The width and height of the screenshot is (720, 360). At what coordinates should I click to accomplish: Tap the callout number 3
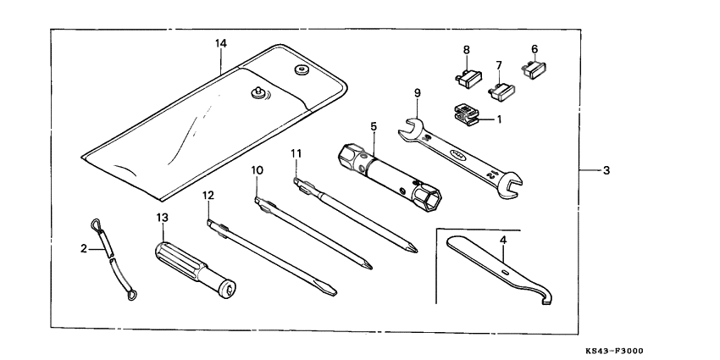pos(606,170)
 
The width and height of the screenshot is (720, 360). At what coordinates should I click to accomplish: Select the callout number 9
pos(418,92)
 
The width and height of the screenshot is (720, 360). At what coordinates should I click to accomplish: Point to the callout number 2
pos(84,248)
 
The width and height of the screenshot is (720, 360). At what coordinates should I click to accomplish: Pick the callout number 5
pos(372,126)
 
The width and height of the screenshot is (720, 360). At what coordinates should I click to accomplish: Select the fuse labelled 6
pos(536,69)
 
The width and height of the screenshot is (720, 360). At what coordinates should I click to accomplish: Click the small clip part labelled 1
pos(465,114)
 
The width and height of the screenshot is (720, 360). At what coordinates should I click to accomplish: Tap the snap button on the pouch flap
pos(258,95)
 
